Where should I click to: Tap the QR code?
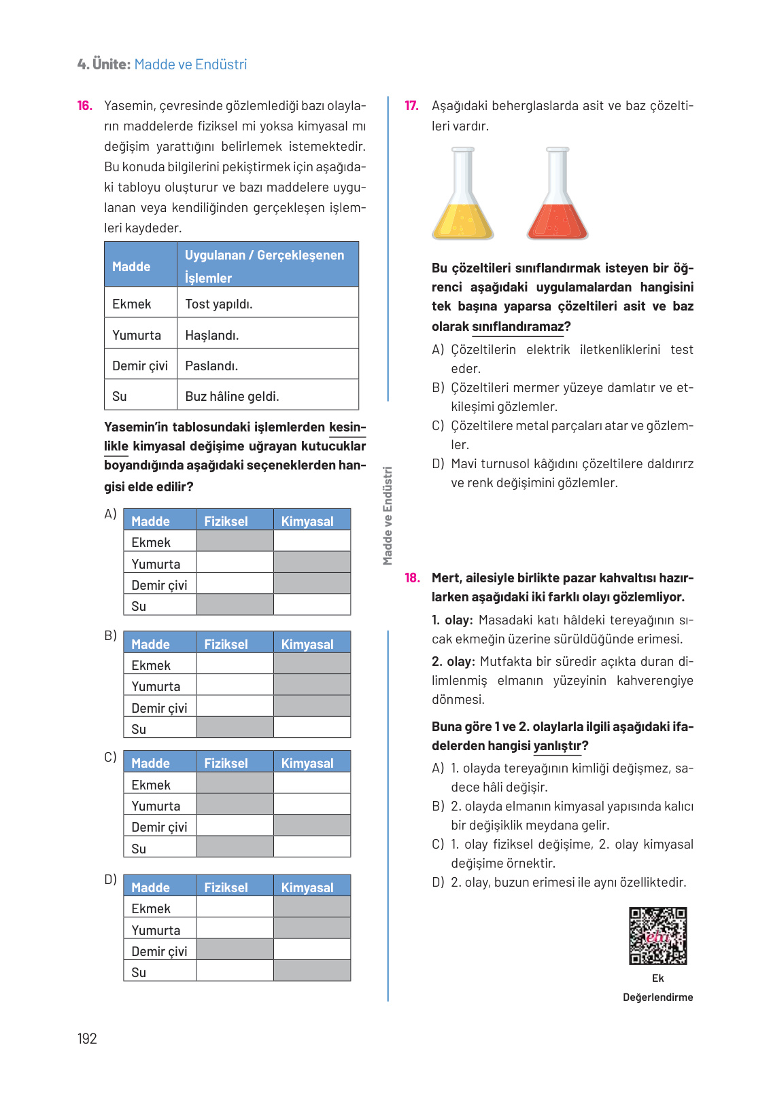657,936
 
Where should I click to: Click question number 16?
84,106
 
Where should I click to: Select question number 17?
411,106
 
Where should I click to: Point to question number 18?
412,578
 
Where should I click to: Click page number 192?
87,1038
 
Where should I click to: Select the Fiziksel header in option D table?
226,887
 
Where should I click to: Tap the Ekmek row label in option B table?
151,665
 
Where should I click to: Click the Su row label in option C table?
139,849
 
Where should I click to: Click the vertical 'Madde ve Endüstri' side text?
388,516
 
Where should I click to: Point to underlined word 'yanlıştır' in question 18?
558,746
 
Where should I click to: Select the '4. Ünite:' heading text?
104,65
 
